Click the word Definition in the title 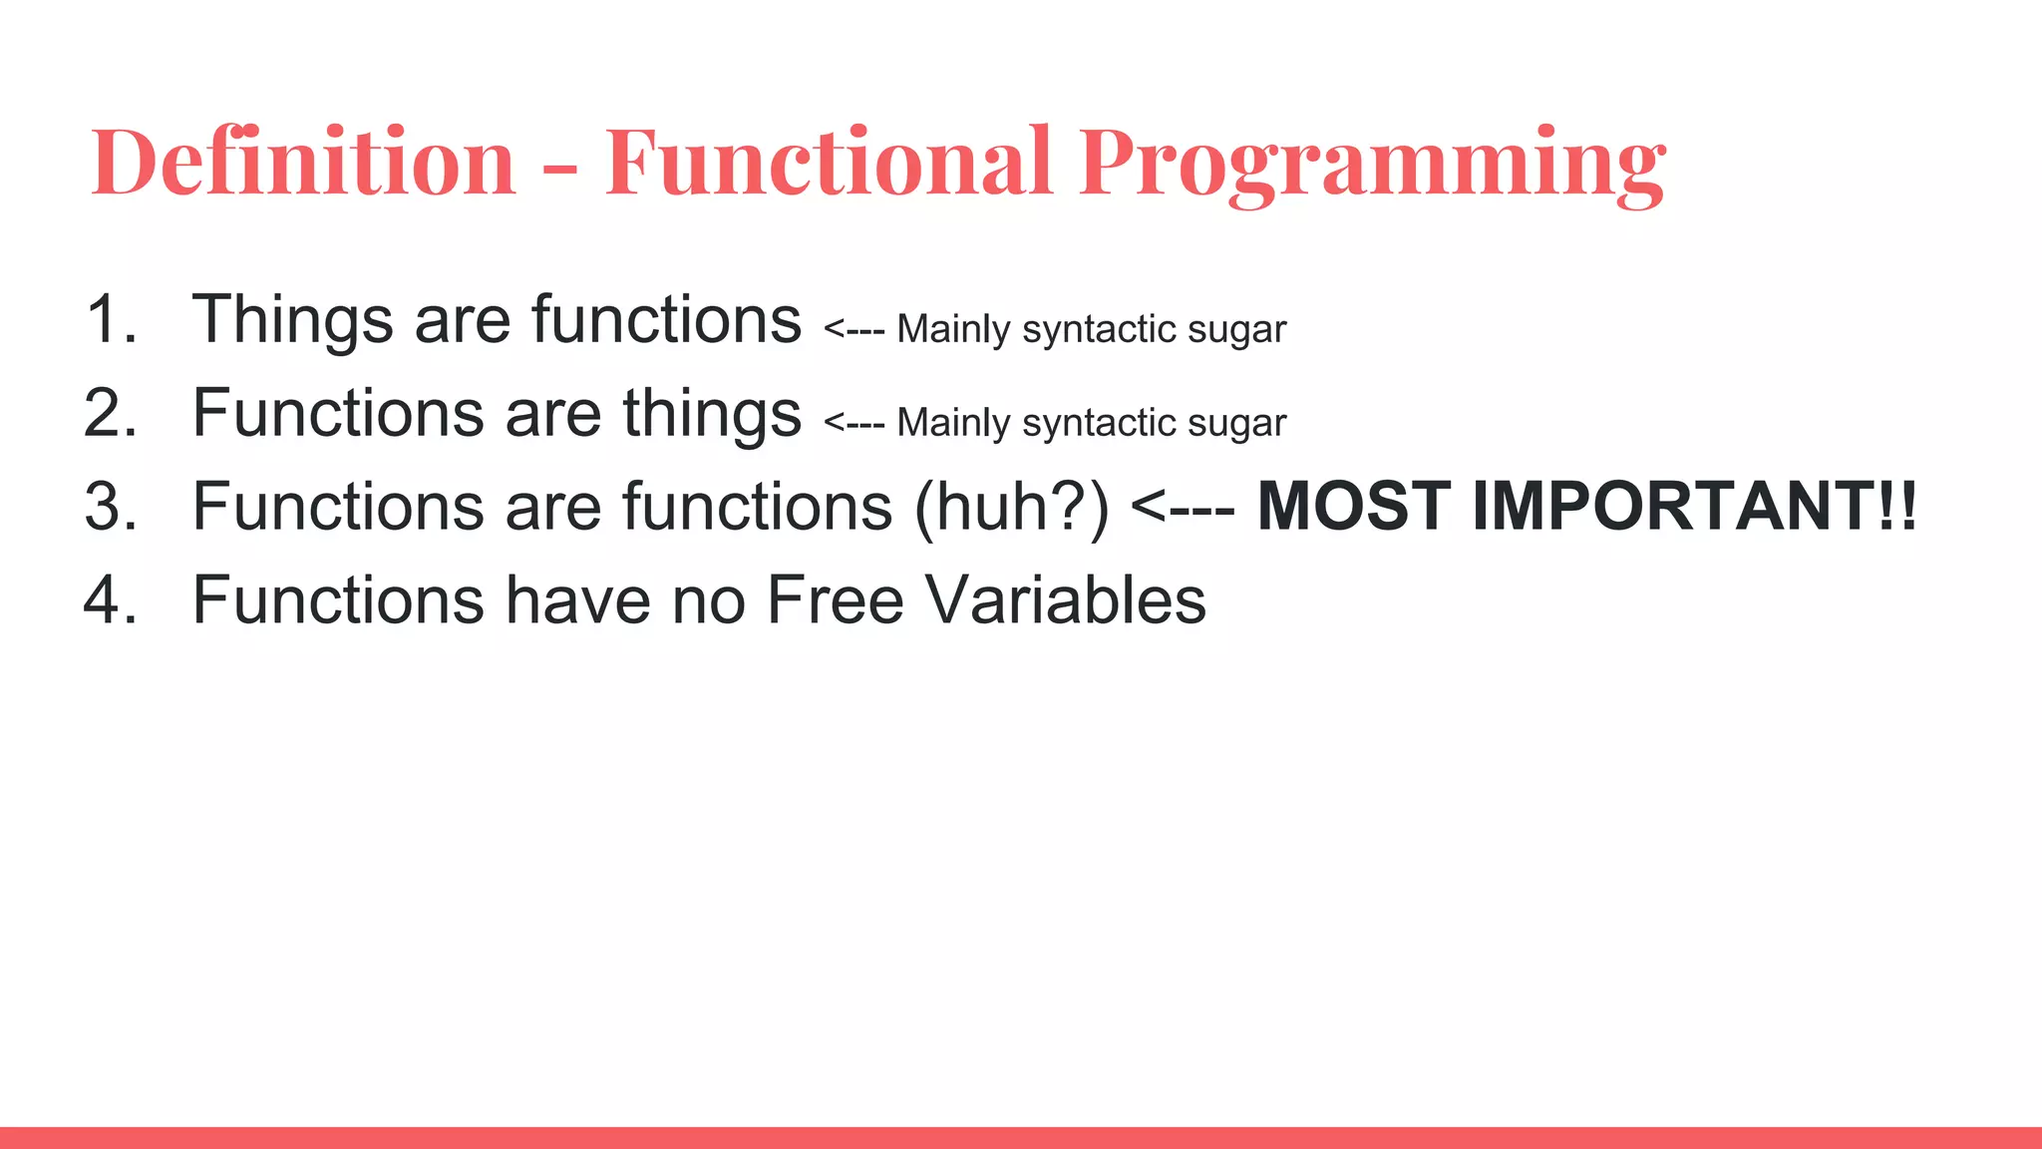(x=303, y=162)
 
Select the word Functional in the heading (x=828, y=162)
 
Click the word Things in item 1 (x=292, y=320)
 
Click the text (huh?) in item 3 (x=1011, y=507)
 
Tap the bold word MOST (x=1353, y=507)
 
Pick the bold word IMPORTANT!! (x=1694, y=507)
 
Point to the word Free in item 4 (x=835, y=600)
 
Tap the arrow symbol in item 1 (x=853, y=329)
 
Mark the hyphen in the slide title (x=560, y=170)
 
